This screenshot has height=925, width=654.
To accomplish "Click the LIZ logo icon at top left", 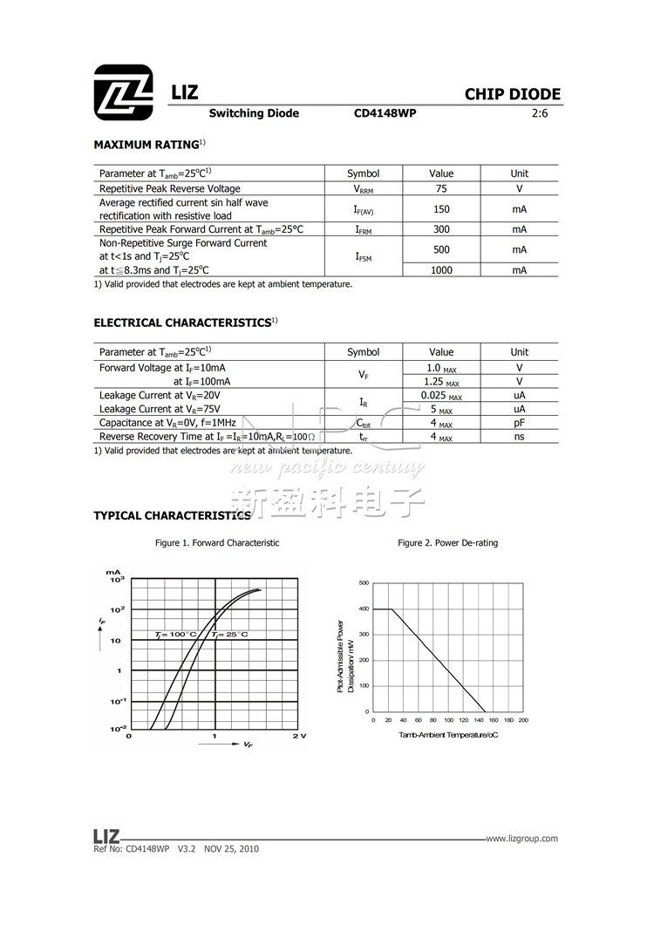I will coord(124,92).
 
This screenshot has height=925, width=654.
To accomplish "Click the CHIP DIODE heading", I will coord(512,95).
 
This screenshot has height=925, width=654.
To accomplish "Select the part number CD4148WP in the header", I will coord(385,113).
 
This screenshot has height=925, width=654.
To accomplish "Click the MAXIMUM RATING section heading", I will coord(146,144).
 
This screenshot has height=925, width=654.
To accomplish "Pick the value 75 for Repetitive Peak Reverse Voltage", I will coord(441,188).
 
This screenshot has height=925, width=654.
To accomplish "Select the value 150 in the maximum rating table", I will coord(441,209).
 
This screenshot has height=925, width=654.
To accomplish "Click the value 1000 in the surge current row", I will coord(441,270).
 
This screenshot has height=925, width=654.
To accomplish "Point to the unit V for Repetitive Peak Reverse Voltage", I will coord(519,188).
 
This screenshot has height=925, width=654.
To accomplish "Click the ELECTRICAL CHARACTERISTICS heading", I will coord(182,323).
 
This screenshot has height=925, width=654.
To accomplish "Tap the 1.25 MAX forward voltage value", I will coord(441,382).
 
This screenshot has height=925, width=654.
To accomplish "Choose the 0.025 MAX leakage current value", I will coord(441,396).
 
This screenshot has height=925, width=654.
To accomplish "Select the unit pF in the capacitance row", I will coord(519,423).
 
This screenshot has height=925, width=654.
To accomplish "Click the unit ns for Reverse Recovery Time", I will coord(519,437).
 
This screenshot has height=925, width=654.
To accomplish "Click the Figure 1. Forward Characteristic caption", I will coord(217,543).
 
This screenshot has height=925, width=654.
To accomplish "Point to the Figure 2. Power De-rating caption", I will coord(447,543).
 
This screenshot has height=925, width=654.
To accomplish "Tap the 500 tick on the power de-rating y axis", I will coord(364,582).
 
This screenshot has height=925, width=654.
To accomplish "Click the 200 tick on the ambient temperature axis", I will coord(523,720).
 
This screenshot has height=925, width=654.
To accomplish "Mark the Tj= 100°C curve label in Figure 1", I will coord(175,634).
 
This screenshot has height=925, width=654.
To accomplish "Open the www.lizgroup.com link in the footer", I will coord(521,839).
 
